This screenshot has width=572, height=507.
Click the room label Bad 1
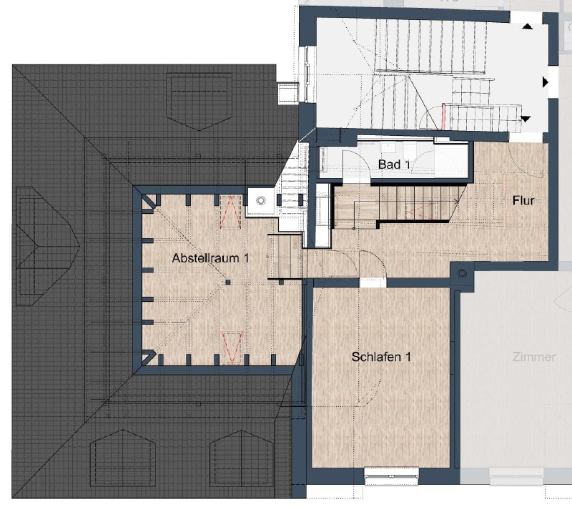pos(394,164)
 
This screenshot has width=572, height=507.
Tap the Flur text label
pos(523,200)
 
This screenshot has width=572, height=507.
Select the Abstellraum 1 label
pos(210,258)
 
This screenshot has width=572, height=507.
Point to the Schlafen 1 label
pos(381,356)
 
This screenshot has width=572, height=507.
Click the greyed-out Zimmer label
pos(533,357)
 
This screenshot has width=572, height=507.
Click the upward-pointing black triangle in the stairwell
pos(527,26)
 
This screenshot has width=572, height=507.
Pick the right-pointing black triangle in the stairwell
pos(546,82)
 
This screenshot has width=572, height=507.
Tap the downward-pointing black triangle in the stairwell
pos(526,119)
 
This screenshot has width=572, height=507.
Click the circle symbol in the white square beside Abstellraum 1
pos(260,200)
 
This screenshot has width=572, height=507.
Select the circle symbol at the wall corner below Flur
pos(462,273)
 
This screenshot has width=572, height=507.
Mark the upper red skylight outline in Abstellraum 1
pos(230,212)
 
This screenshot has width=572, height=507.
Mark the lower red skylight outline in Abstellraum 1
pos(232,348)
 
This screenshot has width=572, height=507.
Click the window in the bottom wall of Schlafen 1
pos(391,476)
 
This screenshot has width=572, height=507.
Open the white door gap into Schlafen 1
pos(373,283)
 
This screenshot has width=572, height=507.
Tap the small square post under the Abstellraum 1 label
pos(228,282)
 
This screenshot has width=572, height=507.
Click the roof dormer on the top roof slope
pos(199,102)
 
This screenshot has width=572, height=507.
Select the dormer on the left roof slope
pos(47,246)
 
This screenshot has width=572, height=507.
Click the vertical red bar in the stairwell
pos(444,117)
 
